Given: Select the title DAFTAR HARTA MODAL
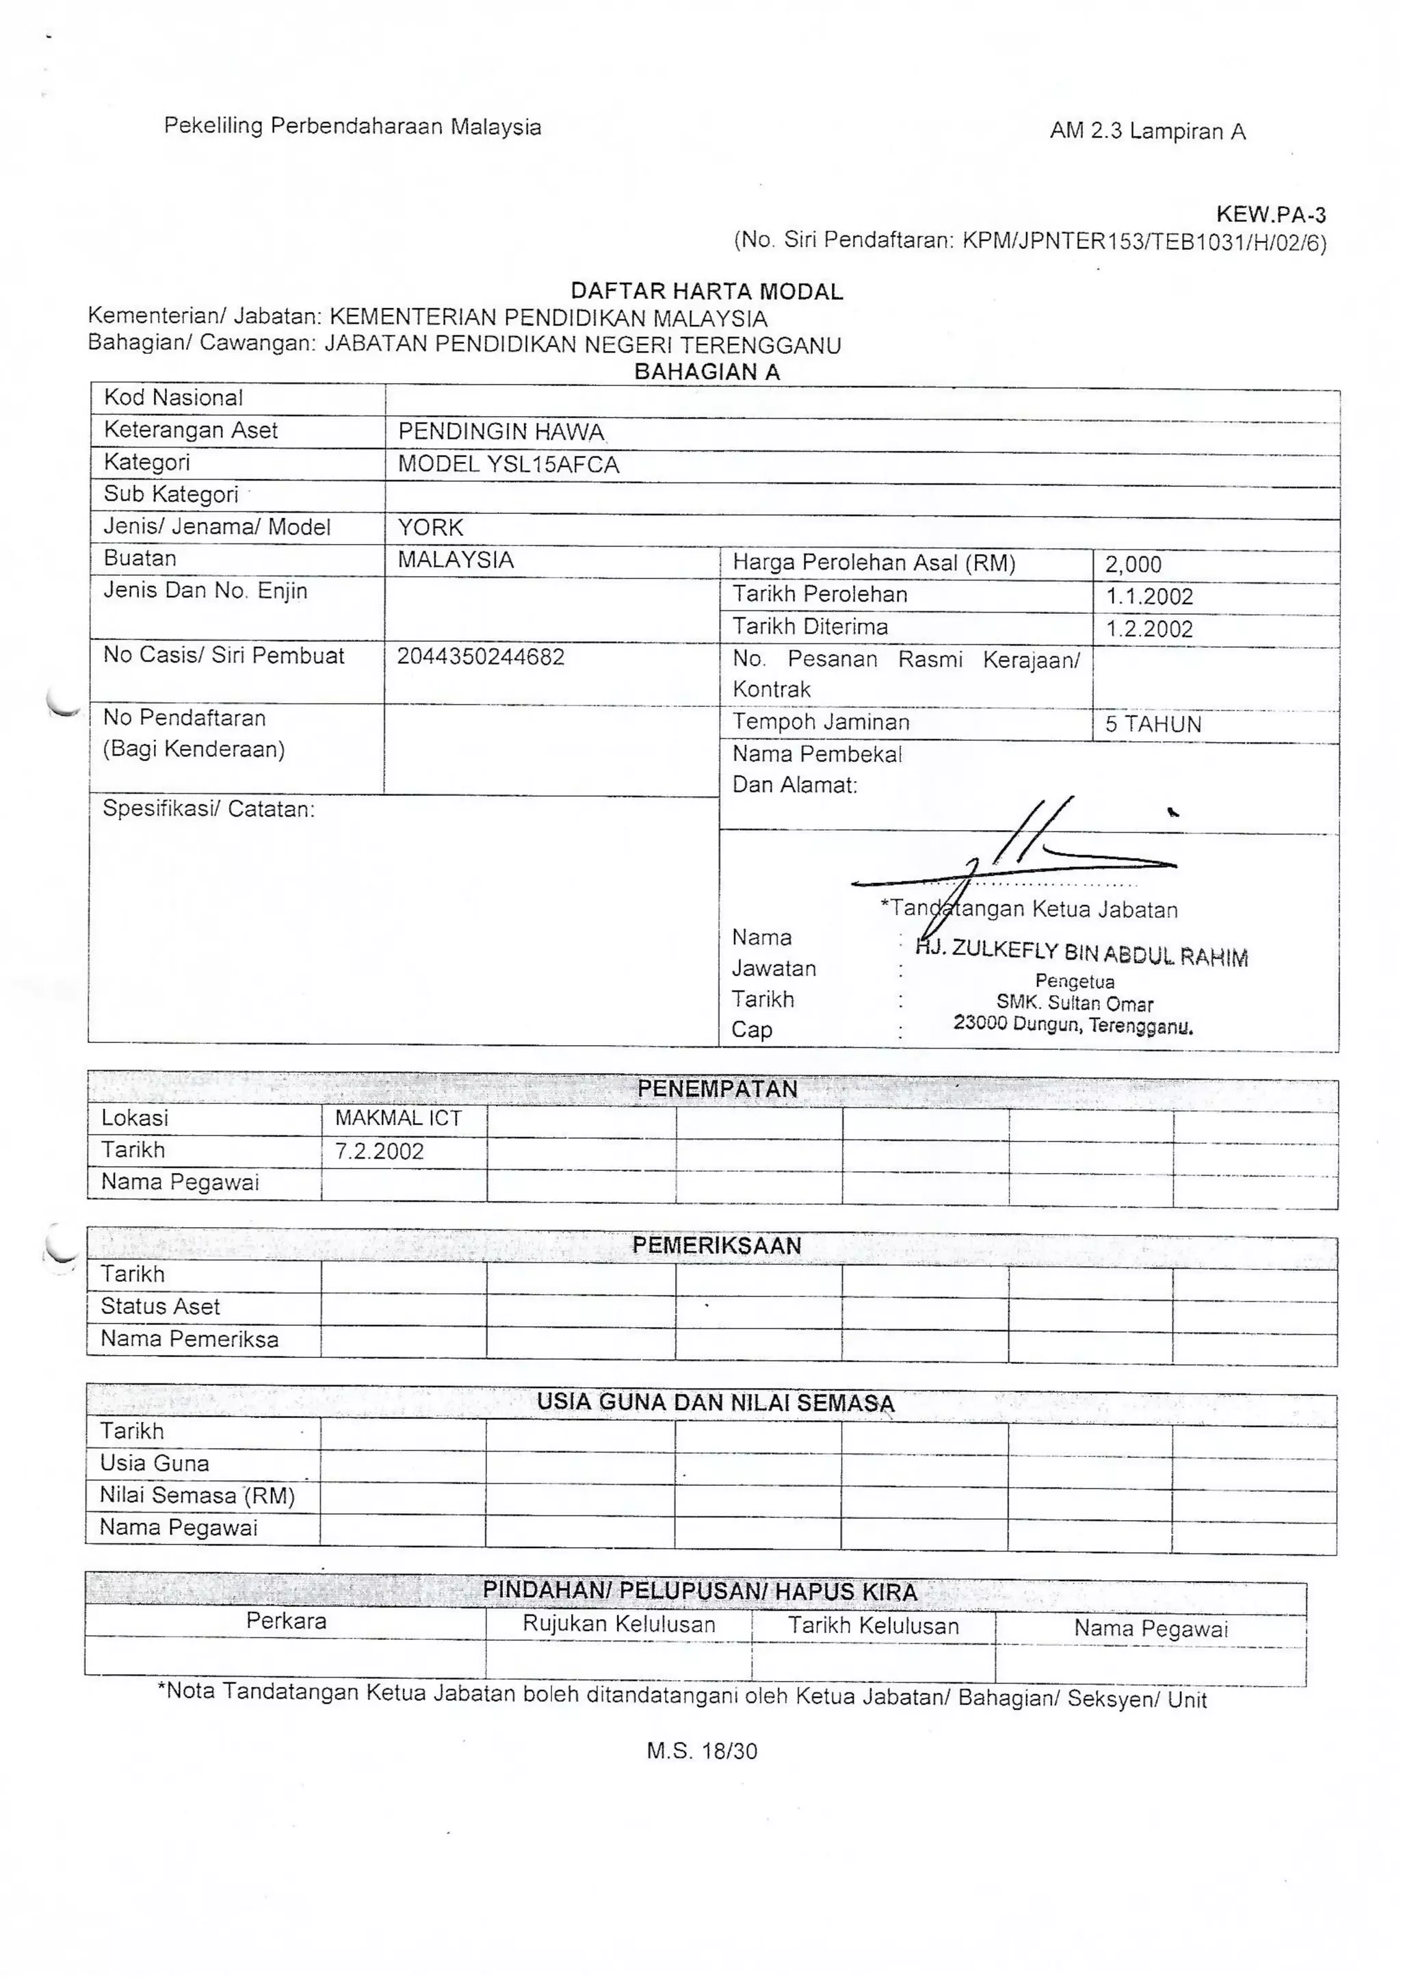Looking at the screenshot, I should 707,292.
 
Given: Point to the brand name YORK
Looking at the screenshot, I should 430,528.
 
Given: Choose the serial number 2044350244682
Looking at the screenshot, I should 480,657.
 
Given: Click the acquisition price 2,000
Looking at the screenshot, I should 1133,565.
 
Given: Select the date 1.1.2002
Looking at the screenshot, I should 1149,596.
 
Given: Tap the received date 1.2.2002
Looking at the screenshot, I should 1149,628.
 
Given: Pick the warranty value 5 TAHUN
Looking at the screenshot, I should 1153,724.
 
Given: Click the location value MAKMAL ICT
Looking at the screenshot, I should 399,1118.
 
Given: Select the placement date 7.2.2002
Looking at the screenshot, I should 380,1151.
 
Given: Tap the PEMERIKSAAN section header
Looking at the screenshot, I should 716,1246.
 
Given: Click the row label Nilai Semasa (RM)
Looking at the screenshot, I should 198,1496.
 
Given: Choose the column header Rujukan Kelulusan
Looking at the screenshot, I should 618,1624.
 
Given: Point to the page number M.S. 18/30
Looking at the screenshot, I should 701,1751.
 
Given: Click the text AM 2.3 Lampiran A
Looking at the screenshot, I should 1147,131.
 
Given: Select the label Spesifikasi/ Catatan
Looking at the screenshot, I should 209,809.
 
